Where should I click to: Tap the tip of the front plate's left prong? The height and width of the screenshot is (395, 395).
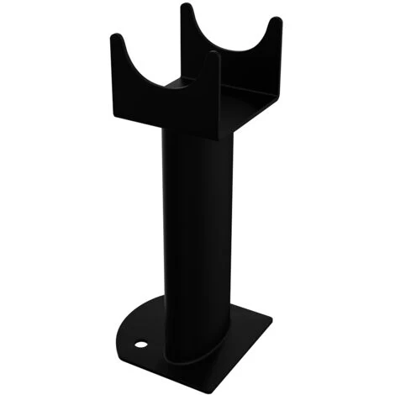click(x=117, y=38)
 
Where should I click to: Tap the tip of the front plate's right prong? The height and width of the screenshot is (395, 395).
click(x=214, y=56)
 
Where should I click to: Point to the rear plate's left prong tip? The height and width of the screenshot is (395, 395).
click(x=185, y=8)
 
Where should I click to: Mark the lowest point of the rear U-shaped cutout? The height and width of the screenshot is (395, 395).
click(x=228, y=52)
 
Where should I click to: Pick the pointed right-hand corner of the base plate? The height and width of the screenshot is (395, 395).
click(x=271, y=320)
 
